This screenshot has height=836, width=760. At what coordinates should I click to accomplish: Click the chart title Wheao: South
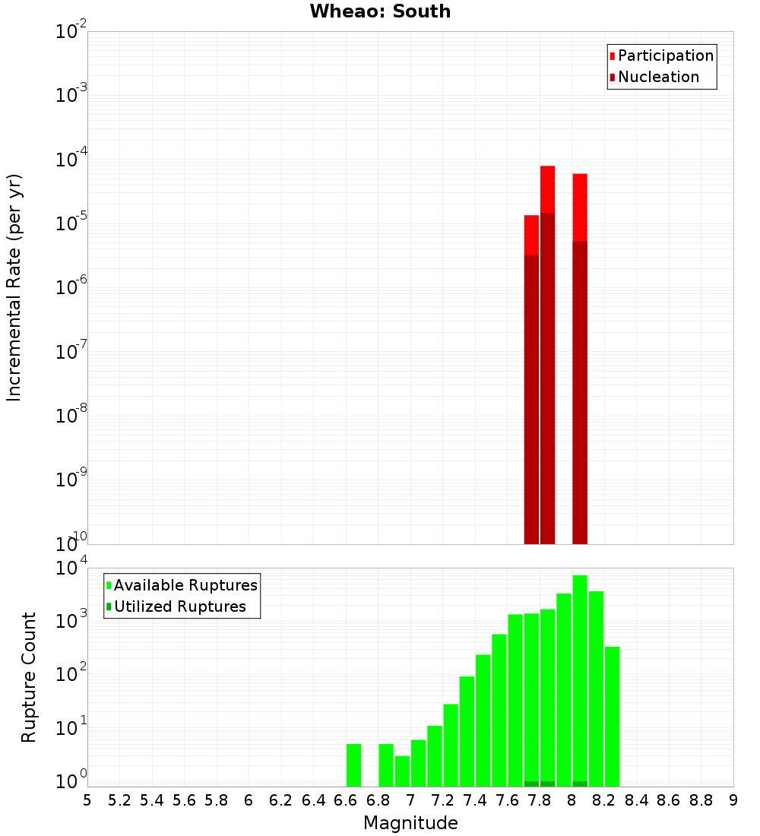click(380, 11)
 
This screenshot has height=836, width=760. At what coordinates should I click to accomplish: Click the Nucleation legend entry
click(657, 77)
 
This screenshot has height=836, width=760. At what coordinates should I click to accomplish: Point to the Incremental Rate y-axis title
click(14, 287)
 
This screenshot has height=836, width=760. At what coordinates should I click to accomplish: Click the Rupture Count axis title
click(29, 677)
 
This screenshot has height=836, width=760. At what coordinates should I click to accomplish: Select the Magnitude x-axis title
click(410, 823)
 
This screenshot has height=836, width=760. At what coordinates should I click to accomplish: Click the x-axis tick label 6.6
click(346, 800)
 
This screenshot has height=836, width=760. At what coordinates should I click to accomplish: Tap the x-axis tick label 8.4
click(636, 800)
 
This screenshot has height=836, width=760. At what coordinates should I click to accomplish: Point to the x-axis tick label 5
click(87, 800)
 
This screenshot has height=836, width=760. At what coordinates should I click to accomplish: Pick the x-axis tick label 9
click(733, 800)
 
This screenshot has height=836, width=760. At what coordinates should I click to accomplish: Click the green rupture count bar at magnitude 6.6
click(353, 765)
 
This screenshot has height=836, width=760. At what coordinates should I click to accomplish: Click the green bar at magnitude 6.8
click(386, 765)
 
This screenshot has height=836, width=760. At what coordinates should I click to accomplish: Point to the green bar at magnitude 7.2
click(451, 745)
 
